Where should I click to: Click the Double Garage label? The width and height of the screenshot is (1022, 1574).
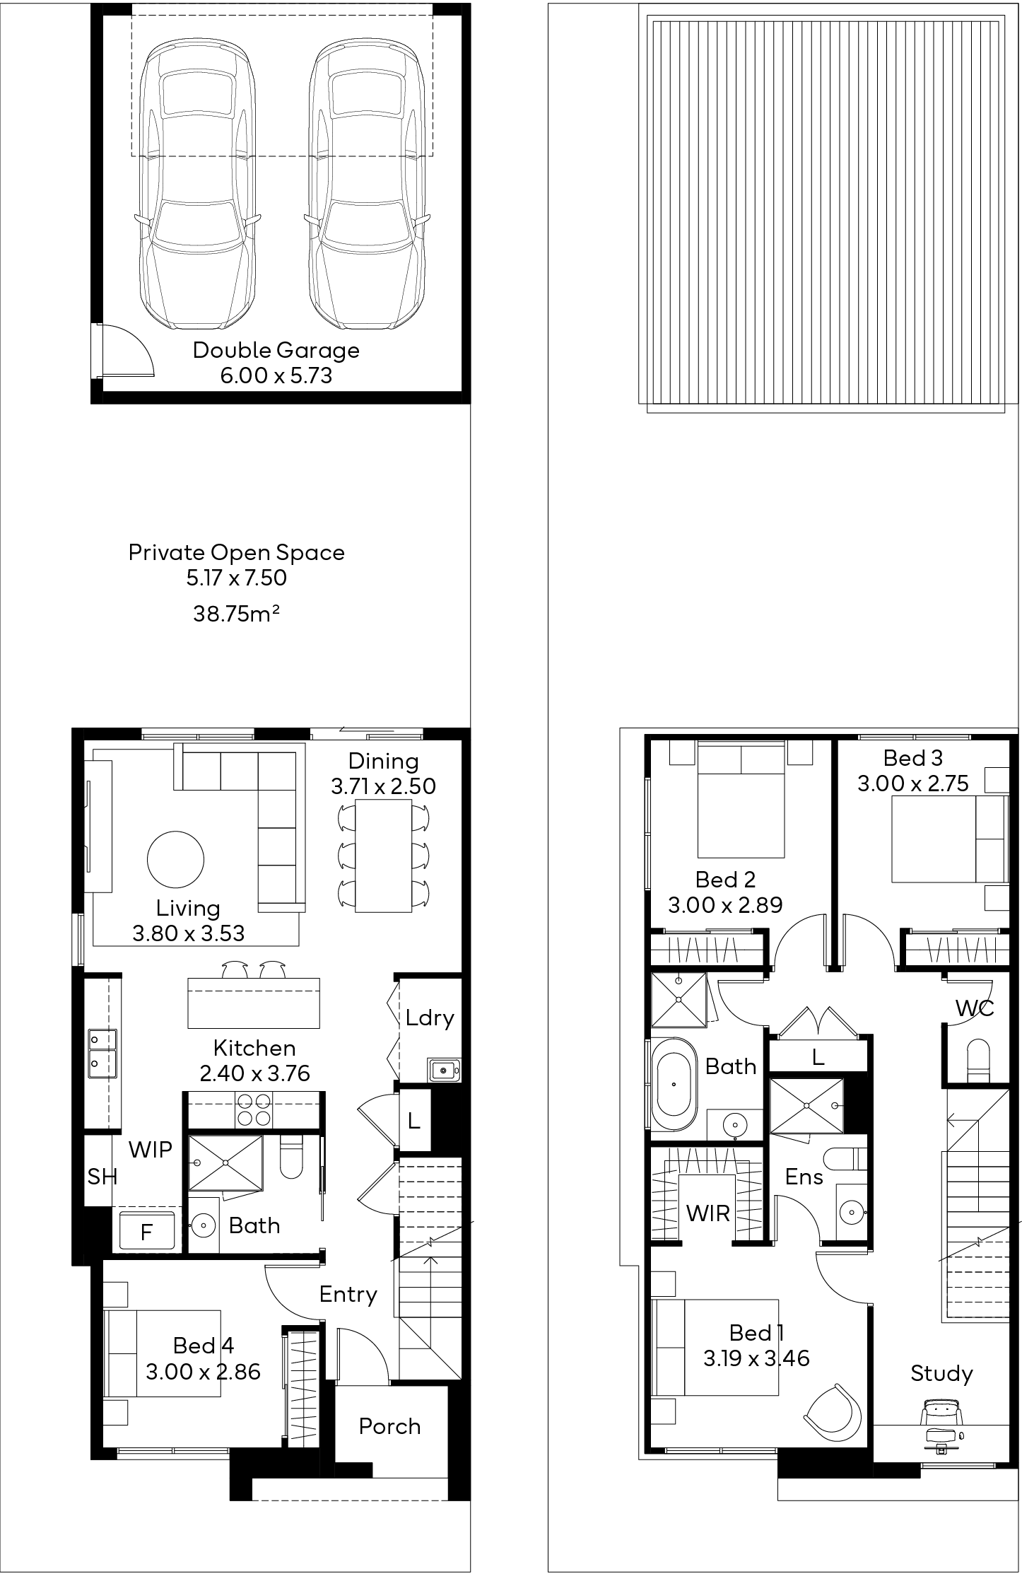(x=276, y=350)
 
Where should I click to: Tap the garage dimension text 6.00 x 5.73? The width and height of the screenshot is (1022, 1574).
(x=276, y=375)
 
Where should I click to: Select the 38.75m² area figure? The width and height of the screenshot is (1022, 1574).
(x=236, y=613)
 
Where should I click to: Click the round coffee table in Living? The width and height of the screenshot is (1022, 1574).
(x=175, y=859)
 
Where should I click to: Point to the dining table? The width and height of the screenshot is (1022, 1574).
(x=383, y=855)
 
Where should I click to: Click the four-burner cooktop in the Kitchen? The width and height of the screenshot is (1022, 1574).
(x=253, y=1109)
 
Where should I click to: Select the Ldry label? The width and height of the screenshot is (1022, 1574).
(x=429, y=1018)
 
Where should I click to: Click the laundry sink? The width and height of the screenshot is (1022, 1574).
(x=444, y=1070)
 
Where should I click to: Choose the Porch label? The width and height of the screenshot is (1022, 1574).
(x=389, y=1426)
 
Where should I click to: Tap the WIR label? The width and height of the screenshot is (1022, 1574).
(x=707, y=1213)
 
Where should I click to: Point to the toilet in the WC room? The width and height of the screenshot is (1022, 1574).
(x=977, y=1059)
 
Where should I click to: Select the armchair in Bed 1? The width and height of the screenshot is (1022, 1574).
(x=833, y=1411)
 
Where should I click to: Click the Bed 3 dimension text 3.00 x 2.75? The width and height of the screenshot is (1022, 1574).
(x=912, y=783)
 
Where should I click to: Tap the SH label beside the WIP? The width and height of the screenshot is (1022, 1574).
(x=102, y=1177)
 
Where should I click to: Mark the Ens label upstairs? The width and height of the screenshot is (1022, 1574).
(x=804, y=1177)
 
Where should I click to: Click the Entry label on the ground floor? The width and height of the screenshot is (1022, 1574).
(x=348, y=1295)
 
